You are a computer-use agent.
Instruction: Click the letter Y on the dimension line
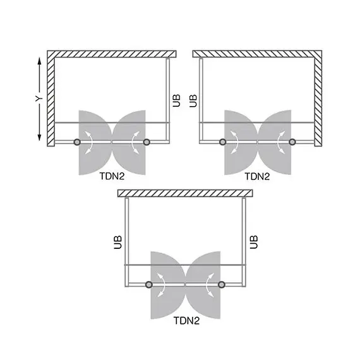click(39, 99)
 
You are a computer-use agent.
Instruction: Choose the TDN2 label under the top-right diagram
click(257, 177)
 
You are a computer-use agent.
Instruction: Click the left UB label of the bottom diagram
click(118, 241)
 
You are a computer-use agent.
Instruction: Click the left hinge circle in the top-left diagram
click(77, 143)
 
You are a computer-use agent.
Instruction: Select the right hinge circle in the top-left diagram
click(147, 143)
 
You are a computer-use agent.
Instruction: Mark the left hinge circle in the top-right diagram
click(222, 143)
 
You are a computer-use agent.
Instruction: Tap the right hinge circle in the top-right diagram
click(292, 143)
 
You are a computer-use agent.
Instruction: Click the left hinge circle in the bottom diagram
click(150, 285)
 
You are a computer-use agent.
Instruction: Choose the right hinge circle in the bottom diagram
click(221, 285)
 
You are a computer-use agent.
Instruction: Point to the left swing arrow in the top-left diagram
click(92, 143)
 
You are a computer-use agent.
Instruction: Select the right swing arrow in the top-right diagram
click(278, 143)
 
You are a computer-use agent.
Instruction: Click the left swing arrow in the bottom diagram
click(164, 285)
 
